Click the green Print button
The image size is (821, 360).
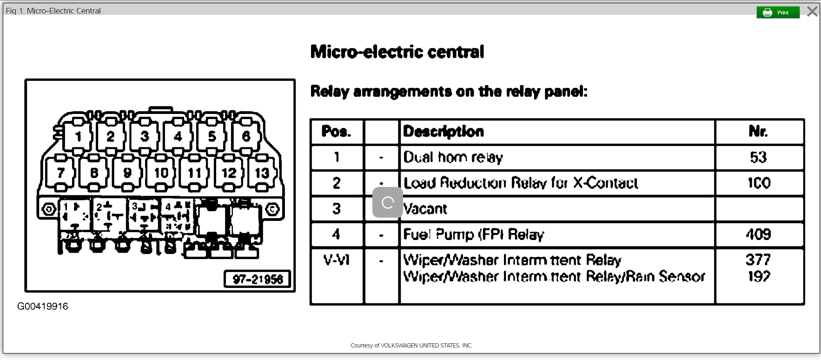(x=778, y=13)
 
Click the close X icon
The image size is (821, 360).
(x=812, y=11)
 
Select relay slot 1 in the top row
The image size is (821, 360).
(x=78, y=136)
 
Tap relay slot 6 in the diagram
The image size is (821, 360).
(x=246, y=136)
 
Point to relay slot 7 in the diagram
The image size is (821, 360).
(x=60, y=173)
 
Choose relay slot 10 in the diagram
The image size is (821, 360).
(x=161, y=173)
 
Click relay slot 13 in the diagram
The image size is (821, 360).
(x=262, y=173)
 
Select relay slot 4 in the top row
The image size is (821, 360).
(x=178, y=136)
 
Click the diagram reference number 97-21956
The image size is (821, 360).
(x=258, y=279)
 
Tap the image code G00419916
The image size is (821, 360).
(x=43, y=306)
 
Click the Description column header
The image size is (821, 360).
(x=444, y=132)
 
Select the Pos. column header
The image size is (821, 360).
(x=336, y=132)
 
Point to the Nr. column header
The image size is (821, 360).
(x=758, y=132)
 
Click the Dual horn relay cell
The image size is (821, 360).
(x=453, y=157)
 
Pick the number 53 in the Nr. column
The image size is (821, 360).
(x=758, y=157)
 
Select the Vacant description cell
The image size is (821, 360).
(x=426, y=209)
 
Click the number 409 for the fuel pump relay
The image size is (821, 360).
(x=758, y=234)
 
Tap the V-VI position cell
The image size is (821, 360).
(x=336, y=260)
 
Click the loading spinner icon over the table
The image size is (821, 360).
(x=388, y=202)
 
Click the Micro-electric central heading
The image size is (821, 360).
(x=397, y=52)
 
